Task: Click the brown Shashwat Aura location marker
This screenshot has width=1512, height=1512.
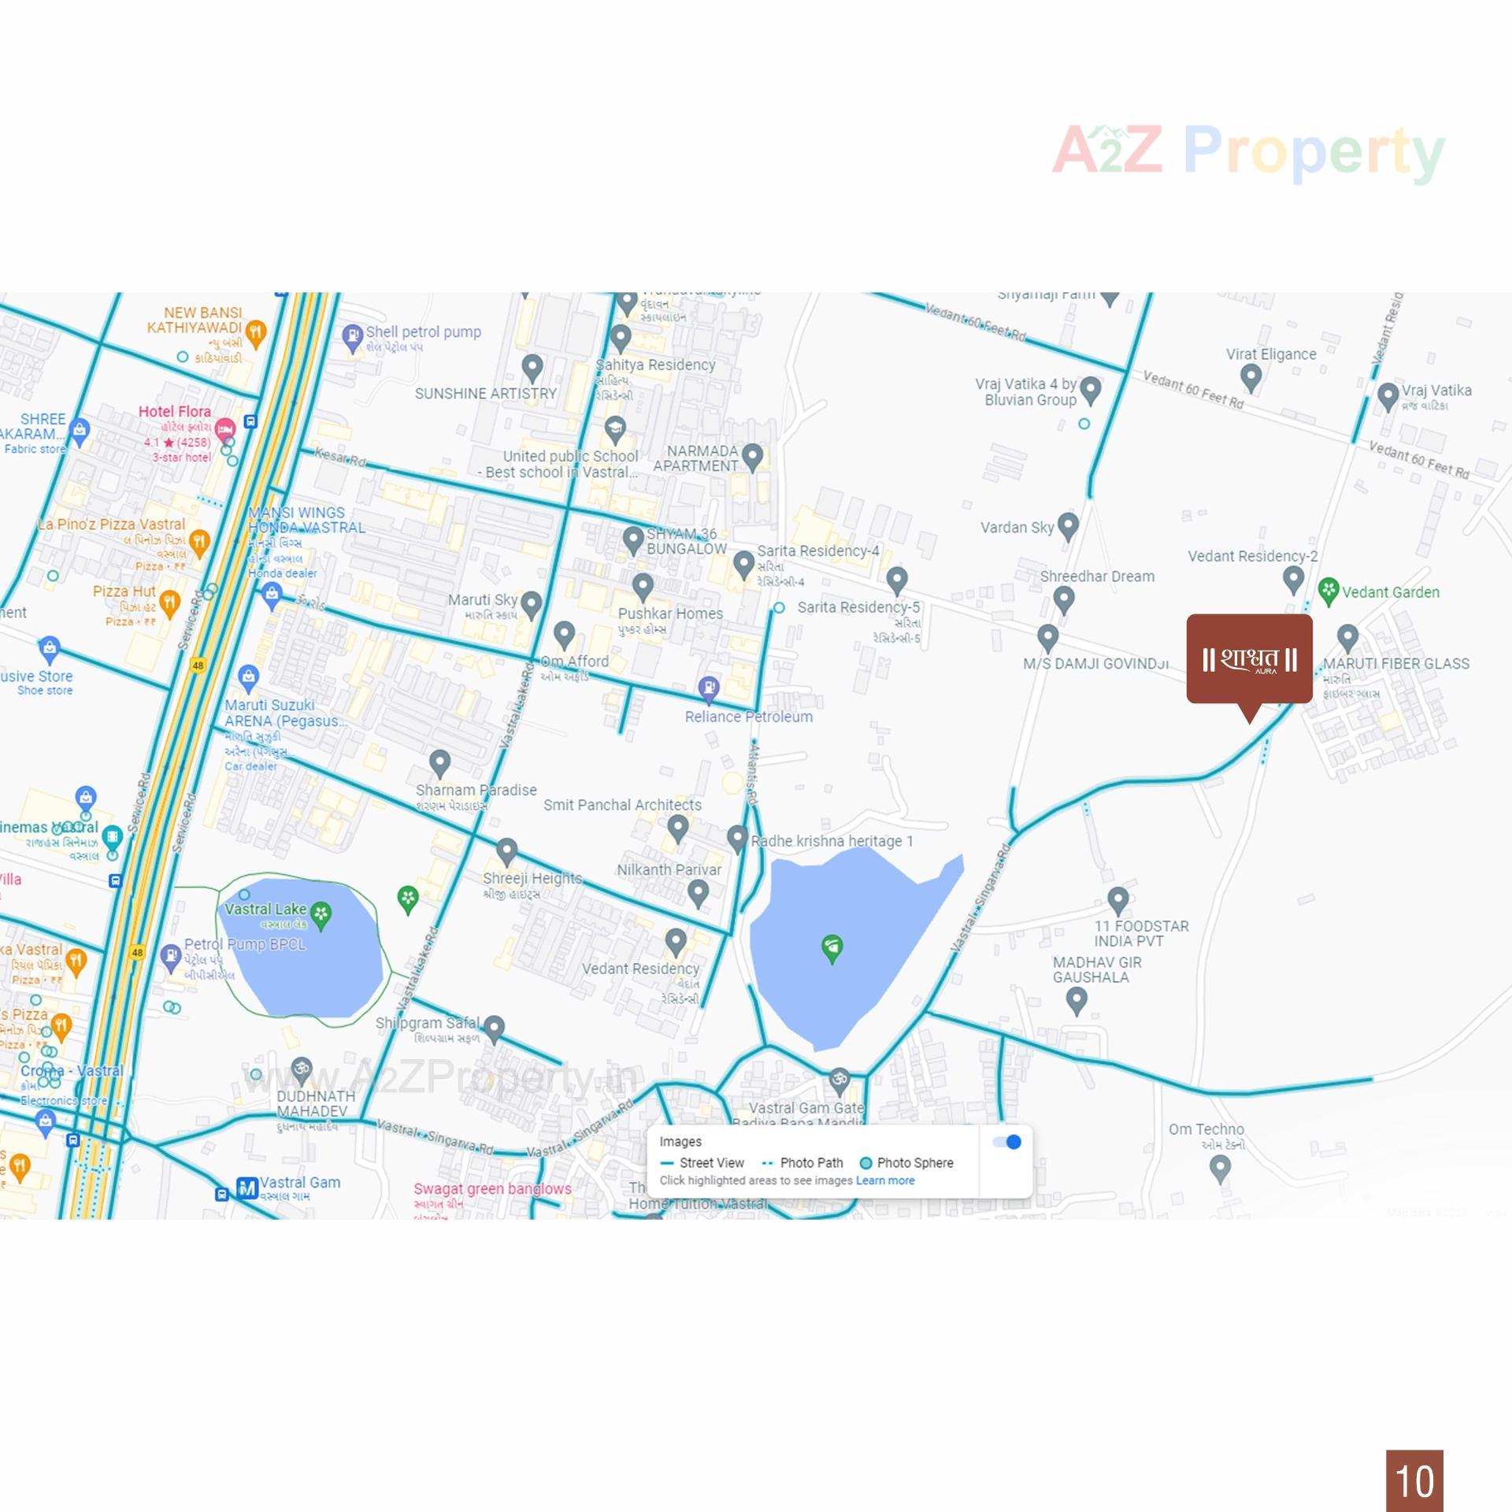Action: coord(1249,659)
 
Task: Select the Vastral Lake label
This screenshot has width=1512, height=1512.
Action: coord(265,910)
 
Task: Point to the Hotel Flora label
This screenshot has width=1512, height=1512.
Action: coord(174,412)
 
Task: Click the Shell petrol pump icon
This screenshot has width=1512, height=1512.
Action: coord(352,338)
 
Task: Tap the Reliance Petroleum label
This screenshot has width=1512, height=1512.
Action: coord(748,717)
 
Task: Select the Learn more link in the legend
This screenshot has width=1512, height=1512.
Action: coord(885,1180)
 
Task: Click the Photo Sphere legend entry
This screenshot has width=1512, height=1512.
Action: coord(906,1163)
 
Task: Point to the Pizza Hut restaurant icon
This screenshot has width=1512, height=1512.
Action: coord(169,602)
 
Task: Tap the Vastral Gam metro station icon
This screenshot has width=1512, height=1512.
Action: coord(247,1188)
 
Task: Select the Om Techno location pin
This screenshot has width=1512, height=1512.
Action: coord(1220,1168)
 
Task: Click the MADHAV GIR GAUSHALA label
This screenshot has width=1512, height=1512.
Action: coord(1096,969)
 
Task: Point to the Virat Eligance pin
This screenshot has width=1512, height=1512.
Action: coord(1251,376)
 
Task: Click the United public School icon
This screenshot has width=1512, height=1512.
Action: coord(614,428)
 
